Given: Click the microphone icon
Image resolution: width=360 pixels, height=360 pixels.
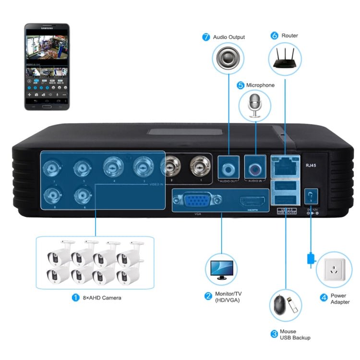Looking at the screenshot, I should click(x=254, y=106).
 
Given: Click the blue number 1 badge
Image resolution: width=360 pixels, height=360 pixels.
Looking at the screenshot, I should click(x=75, y=298).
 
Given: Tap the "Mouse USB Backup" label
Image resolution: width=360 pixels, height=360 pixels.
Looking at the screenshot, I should click(x=295, y=335).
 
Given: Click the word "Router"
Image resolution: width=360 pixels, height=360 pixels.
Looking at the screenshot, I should click(x=290, y=36).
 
